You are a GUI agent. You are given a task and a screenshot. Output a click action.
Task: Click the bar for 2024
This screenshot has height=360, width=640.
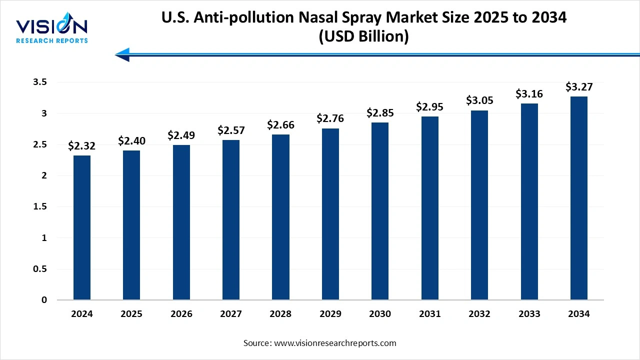[x=82, y=227]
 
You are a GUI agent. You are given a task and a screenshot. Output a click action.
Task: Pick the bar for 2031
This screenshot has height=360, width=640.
[x=429, y=208]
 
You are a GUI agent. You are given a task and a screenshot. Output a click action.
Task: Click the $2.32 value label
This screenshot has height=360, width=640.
[x=82, y=146]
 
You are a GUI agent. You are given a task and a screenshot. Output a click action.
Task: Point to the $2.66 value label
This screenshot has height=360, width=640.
[x=280, y=124]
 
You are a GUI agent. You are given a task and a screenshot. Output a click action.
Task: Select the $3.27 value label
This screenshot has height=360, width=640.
[x=579, y=87]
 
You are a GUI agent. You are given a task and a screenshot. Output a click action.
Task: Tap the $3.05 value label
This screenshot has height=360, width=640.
[x=479, y=100]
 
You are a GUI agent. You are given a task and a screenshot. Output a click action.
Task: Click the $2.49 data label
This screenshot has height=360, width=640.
[x=181, y=135]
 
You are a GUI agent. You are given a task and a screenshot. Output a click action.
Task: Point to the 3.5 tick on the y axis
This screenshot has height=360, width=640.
[x=40, y=82]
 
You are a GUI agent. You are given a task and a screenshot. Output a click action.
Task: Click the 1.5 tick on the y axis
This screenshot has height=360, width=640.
[x=40, y=207]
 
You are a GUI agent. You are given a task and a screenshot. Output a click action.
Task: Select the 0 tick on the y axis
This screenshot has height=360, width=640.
[x=44, y=300]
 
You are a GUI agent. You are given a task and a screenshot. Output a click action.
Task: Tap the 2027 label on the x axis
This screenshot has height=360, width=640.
[x=231, y=314]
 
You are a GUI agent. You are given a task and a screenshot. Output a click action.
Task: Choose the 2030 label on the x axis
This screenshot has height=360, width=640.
[x=380, y=314]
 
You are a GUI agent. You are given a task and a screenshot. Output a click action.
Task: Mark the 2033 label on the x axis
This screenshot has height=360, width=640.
[x=529, y=314]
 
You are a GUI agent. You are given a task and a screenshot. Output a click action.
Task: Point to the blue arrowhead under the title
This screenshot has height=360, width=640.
[x=123, y=54]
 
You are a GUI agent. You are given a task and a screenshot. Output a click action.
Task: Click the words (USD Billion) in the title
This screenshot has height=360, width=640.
[x=363, y=37]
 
